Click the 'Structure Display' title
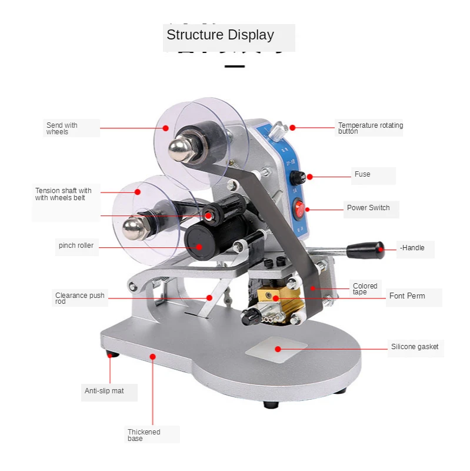(220, 35)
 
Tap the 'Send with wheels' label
(62, 128)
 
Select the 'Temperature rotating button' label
(371, 128)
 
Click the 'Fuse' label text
(362, 174)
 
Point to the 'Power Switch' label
(368, 208)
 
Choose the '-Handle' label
(412, 248)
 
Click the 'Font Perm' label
(407, 296)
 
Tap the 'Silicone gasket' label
(415, 347)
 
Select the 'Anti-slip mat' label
(104, 391)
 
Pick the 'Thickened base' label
(144, 435)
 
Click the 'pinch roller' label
(76, 246)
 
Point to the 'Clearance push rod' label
(79, 298)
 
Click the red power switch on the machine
(300, 208)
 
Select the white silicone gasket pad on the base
(276, 349)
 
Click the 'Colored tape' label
(365, 289)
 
